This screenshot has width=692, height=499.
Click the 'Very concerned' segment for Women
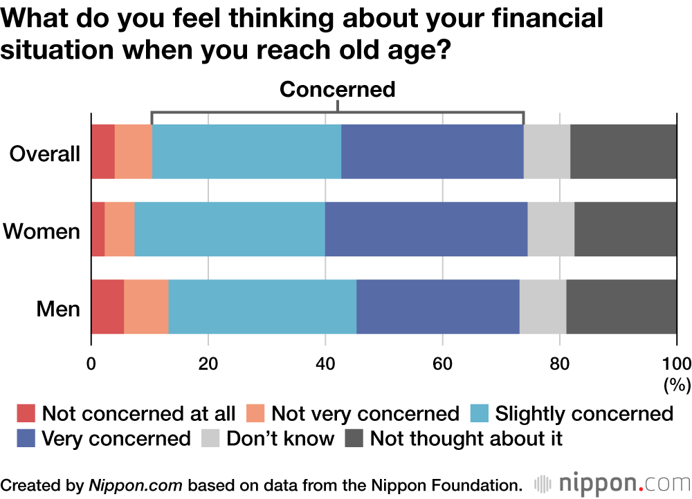tap(426, 229)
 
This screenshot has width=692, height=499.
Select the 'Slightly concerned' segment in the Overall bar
tap(246, 152)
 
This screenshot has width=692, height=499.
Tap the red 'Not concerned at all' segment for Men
tap(107, 307)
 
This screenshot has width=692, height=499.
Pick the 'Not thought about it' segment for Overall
tap(623, 152)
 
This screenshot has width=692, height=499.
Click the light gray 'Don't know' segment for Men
tap(543, 307)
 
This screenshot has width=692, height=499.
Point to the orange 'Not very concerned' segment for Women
tap(119, 229)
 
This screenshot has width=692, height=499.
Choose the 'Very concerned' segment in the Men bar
tap(437, 307)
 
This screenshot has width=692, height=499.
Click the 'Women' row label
tap(42, 231)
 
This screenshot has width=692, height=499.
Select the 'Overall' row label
tap(45, 153)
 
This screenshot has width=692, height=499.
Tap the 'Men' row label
tap(58, 308)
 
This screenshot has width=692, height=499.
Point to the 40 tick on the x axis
tap(325, 364)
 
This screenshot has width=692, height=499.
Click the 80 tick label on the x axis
tap(559, 364)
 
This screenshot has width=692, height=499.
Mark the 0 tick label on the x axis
tap(91, 364)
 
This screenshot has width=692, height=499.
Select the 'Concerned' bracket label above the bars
tap(337, 89)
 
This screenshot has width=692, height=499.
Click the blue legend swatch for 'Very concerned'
tap(26, 438)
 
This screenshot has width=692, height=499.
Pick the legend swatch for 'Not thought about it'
tap(354, 438)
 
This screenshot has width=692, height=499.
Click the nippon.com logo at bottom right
tap(612, 482)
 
